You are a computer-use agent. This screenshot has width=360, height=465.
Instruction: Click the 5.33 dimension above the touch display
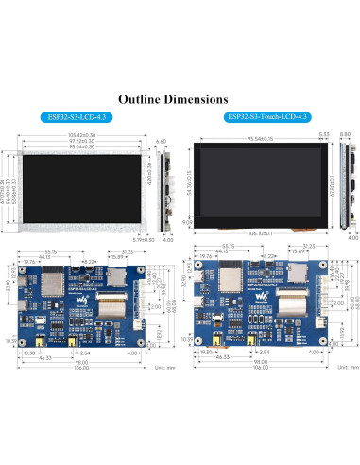click(x=324, y=135)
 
